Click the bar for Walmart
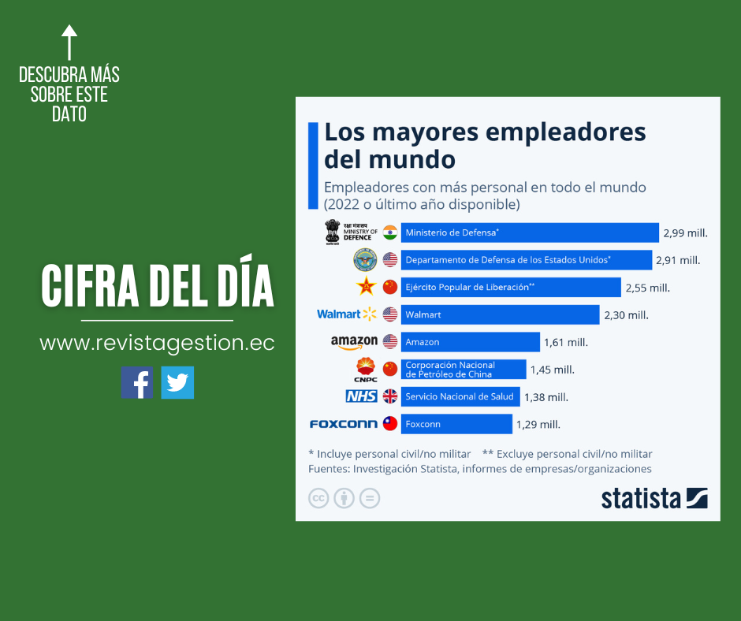click(500, 314)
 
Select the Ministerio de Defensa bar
click(530, 232)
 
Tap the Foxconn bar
click(456, 424)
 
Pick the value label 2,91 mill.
click(678, 260)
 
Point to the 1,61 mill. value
click(566, 342)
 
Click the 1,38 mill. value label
click(546, 397)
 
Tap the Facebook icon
click(136, 383)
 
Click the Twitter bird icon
click(177, 383)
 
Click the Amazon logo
click(354, 342)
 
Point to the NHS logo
click(361, 396)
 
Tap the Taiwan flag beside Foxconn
click(390, 424)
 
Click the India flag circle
click(390, 232)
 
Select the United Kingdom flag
click(390, 396)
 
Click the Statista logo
click(653, 498)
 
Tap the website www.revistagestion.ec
click(157, 344)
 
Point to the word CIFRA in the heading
click(92, 285)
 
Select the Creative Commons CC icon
click(318, 498)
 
